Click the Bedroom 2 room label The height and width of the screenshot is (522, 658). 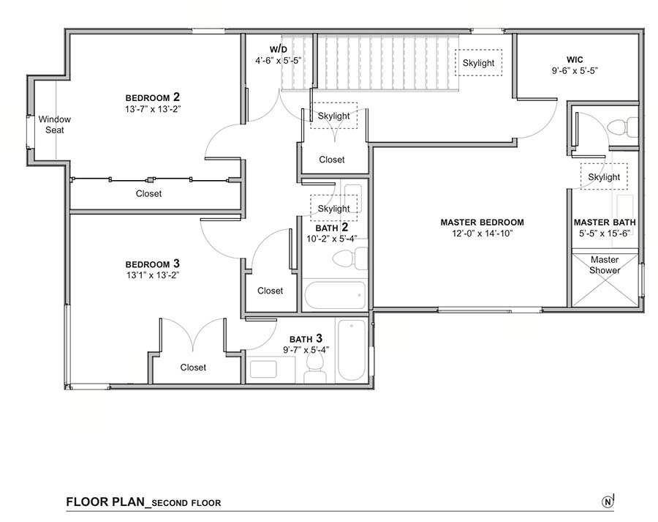pyautogui.click(x=153, y=97)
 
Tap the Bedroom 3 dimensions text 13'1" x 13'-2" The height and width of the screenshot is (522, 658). pyautogui.click(x=153, y=275)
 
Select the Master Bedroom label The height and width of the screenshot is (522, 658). pyautogui.click(x=483, y=223)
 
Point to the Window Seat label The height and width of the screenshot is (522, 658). pyautogui.click(x=55, y=124)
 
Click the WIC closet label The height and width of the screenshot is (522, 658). pyautogui.click(x=575, y=60)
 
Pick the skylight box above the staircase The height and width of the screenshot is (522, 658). pyautogui.click(x=478, y=63)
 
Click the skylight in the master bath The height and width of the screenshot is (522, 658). pyautogui.click(x=604, y=176)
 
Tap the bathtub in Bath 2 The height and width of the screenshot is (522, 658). pyautogui.click(x=335, y=295)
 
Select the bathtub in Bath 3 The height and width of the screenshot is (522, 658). pyautogui.click(x=352, y=351)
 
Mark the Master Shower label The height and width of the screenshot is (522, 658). pyautogui.click(x=605, y=265)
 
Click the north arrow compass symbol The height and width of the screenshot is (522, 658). pyautogui.click(x=608, y=501)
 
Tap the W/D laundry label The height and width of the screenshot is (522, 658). pyautogui.click(x=279, y=50)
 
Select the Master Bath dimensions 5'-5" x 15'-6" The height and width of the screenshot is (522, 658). pyautogui.click(x=605, y=234)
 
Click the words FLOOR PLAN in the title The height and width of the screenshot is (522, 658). pyautogui.click(x=105, y=502)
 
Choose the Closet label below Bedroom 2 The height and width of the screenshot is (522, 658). pyautogui.click(x=148, y=193)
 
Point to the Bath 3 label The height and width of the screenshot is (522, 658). pyautogui.click(x=306, y=338)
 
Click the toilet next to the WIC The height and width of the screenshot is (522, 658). pyautogui.click(x=622, y=127)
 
